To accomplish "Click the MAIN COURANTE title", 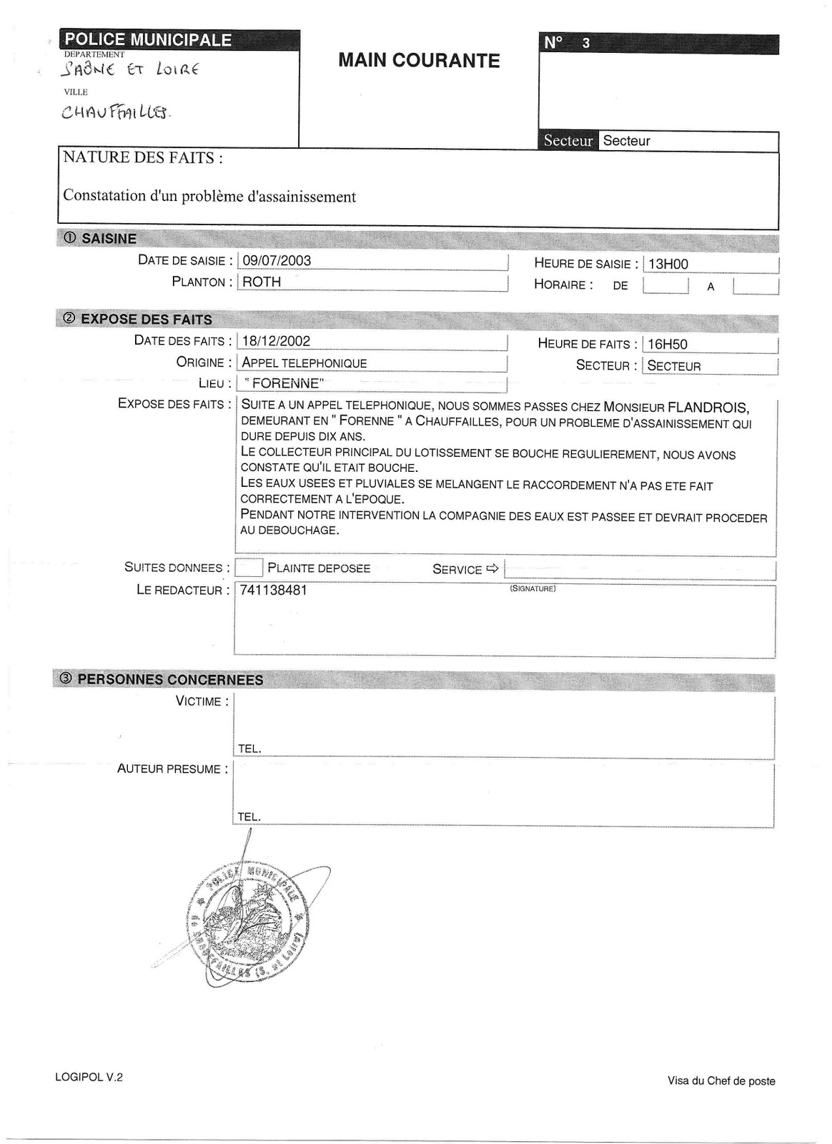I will click(419, 61).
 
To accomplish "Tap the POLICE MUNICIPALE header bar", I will click(149, 40).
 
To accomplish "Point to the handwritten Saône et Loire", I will click(130, 69).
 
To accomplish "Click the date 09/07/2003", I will click(277, 261).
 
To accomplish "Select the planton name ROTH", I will click(262, 282).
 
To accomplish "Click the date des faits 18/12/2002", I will click(276, 341).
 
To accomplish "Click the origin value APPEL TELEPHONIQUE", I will click(304, 363).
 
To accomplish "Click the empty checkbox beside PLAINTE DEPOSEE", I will click(249, 568).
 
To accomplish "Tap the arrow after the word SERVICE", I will click(492, 569).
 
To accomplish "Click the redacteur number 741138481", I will click(274, 591).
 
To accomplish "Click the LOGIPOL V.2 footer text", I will click(89, 1077).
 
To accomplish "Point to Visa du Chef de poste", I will click(721, 1081).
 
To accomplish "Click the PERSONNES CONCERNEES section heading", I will click(169, 680).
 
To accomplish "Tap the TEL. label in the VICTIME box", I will click(249, 749).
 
